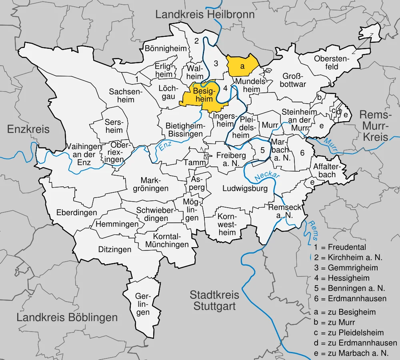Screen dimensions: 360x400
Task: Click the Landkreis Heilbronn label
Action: [x=205, y=15]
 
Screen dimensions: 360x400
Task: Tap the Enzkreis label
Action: [x=28, y=129]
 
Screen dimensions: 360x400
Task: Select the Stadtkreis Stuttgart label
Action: [x=214, y=301]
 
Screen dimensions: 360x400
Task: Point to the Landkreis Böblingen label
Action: [x=67, y=318]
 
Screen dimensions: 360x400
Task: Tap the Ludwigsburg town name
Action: [x=245, y=188]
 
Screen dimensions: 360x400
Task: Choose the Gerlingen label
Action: [x=143, y=304]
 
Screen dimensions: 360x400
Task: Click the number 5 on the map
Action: [x=262, y=150]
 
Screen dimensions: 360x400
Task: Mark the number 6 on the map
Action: [x=302, y=152]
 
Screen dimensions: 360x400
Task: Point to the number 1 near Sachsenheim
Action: [x=137, y=79]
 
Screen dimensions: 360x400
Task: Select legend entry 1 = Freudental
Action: [x=340, y=247]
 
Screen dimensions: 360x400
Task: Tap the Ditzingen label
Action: [x=115, y=250]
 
